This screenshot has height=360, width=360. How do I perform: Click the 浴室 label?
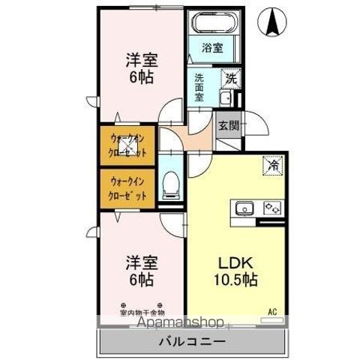coord(212,47)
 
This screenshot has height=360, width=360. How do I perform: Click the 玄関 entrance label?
coord(229,126)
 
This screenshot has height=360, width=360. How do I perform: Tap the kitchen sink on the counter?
coord(246,208)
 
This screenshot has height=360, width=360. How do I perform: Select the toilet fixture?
coord(170,181)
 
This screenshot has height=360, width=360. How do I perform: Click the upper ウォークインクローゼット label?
coord(127,145)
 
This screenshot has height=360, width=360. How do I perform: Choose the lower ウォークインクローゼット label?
coord(127,187)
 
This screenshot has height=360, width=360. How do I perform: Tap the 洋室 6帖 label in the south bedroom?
coord(140,270)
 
